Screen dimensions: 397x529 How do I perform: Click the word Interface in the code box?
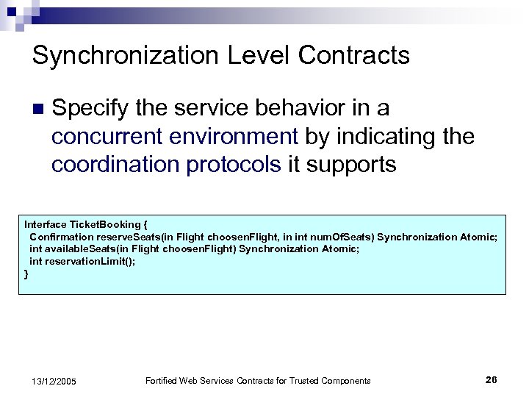coord(45,223)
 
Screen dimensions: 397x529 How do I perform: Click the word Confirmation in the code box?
coord(60,236)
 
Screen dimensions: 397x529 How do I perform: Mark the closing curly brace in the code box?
coord(26,273)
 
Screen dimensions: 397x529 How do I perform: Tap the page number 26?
coord(491,379)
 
